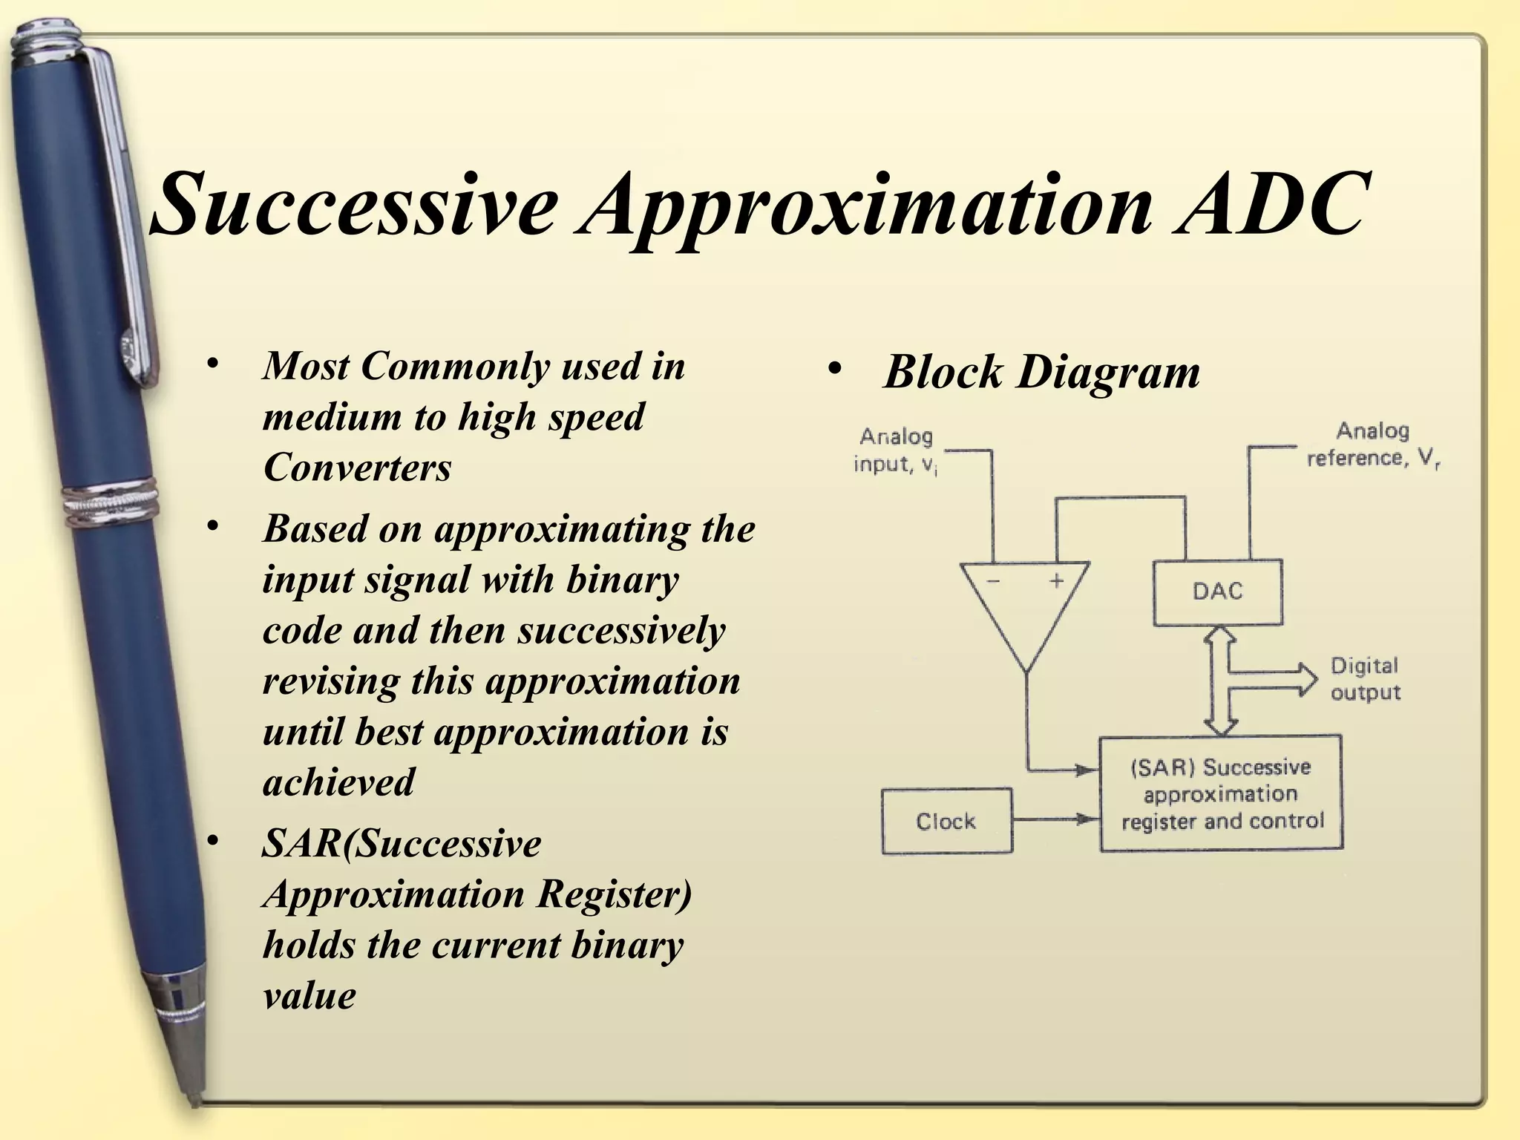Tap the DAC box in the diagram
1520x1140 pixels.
[1217, 592]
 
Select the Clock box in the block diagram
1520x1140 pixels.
[946, 822]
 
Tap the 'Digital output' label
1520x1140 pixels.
[1364, 679]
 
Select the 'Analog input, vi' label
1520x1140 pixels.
[895, 451]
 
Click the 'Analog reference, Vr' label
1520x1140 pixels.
[1373, 445]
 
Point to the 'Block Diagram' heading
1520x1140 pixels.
[1041, 372]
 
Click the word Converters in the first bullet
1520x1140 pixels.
[357, 468]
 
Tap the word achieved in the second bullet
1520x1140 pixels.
[338, 783]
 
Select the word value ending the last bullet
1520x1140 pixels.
[309, 996]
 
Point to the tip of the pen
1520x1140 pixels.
[194, 1101]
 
